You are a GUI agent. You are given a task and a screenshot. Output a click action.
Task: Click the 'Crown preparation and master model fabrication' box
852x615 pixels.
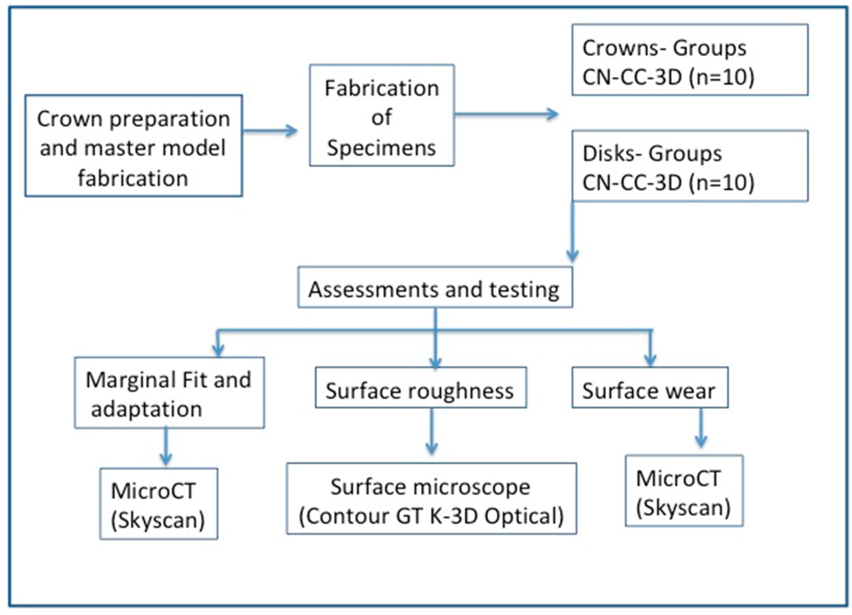(133, 146)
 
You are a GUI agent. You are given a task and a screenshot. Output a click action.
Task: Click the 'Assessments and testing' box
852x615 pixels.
(435, 287)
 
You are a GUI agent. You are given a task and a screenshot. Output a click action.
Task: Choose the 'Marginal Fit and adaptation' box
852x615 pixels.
(169, 393)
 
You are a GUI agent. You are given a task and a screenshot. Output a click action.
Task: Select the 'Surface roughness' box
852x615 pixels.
(420, 388)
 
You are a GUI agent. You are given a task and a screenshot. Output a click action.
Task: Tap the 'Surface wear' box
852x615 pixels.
(650, 388)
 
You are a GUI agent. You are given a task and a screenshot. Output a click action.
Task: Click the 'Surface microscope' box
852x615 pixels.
(431, 499)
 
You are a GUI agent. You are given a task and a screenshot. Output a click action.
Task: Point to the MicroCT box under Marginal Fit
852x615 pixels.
(158, 504)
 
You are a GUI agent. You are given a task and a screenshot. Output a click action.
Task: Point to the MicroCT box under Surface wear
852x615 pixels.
(684, 490)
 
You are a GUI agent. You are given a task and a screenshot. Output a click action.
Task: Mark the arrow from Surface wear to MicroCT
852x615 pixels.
(701, 429)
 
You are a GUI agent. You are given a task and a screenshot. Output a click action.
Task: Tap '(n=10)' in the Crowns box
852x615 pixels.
(721, 77)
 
